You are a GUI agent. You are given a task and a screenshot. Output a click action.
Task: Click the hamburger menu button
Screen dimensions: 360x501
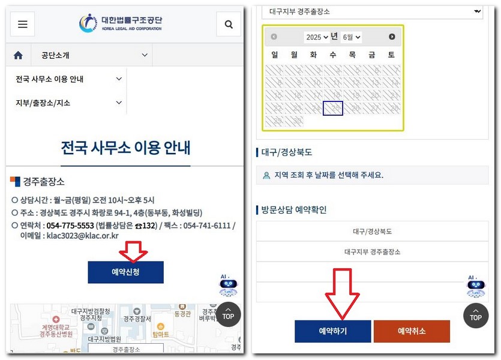[22, 24]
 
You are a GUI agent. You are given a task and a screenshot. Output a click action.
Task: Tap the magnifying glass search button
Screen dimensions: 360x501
[229, 24]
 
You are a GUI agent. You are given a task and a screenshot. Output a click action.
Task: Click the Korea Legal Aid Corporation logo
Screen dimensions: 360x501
[121, 23]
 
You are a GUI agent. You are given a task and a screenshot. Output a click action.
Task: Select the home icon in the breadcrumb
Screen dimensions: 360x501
[18, 55]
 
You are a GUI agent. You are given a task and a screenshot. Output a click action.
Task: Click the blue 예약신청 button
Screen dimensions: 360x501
[125, 272]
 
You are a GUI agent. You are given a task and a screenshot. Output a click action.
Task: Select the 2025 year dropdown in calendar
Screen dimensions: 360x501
[317, 37]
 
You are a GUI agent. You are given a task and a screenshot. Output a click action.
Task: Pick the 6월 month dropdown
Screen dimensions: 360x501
[351, 37]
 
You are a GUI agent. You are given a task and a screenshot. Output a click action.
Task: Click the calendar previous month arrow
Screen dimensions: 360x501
[274, 37]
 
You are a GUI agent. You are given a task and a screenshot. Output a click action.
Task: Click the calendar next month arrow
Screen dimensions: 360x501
[392, 37]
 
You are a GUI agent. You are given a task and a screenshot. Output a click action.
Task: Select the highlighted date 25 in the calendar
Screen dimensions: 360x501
[333, 108]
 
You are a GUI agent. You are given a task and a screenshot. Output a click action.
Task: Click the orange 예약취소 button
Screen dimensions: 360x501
[412, 331]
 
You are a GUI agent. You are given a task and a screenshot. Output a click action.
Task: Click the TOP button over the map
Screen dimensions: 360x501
[228, 314]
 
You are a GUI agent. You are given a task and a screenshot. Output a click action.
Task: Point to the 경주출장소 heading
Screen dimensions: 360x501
[43, 181]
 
